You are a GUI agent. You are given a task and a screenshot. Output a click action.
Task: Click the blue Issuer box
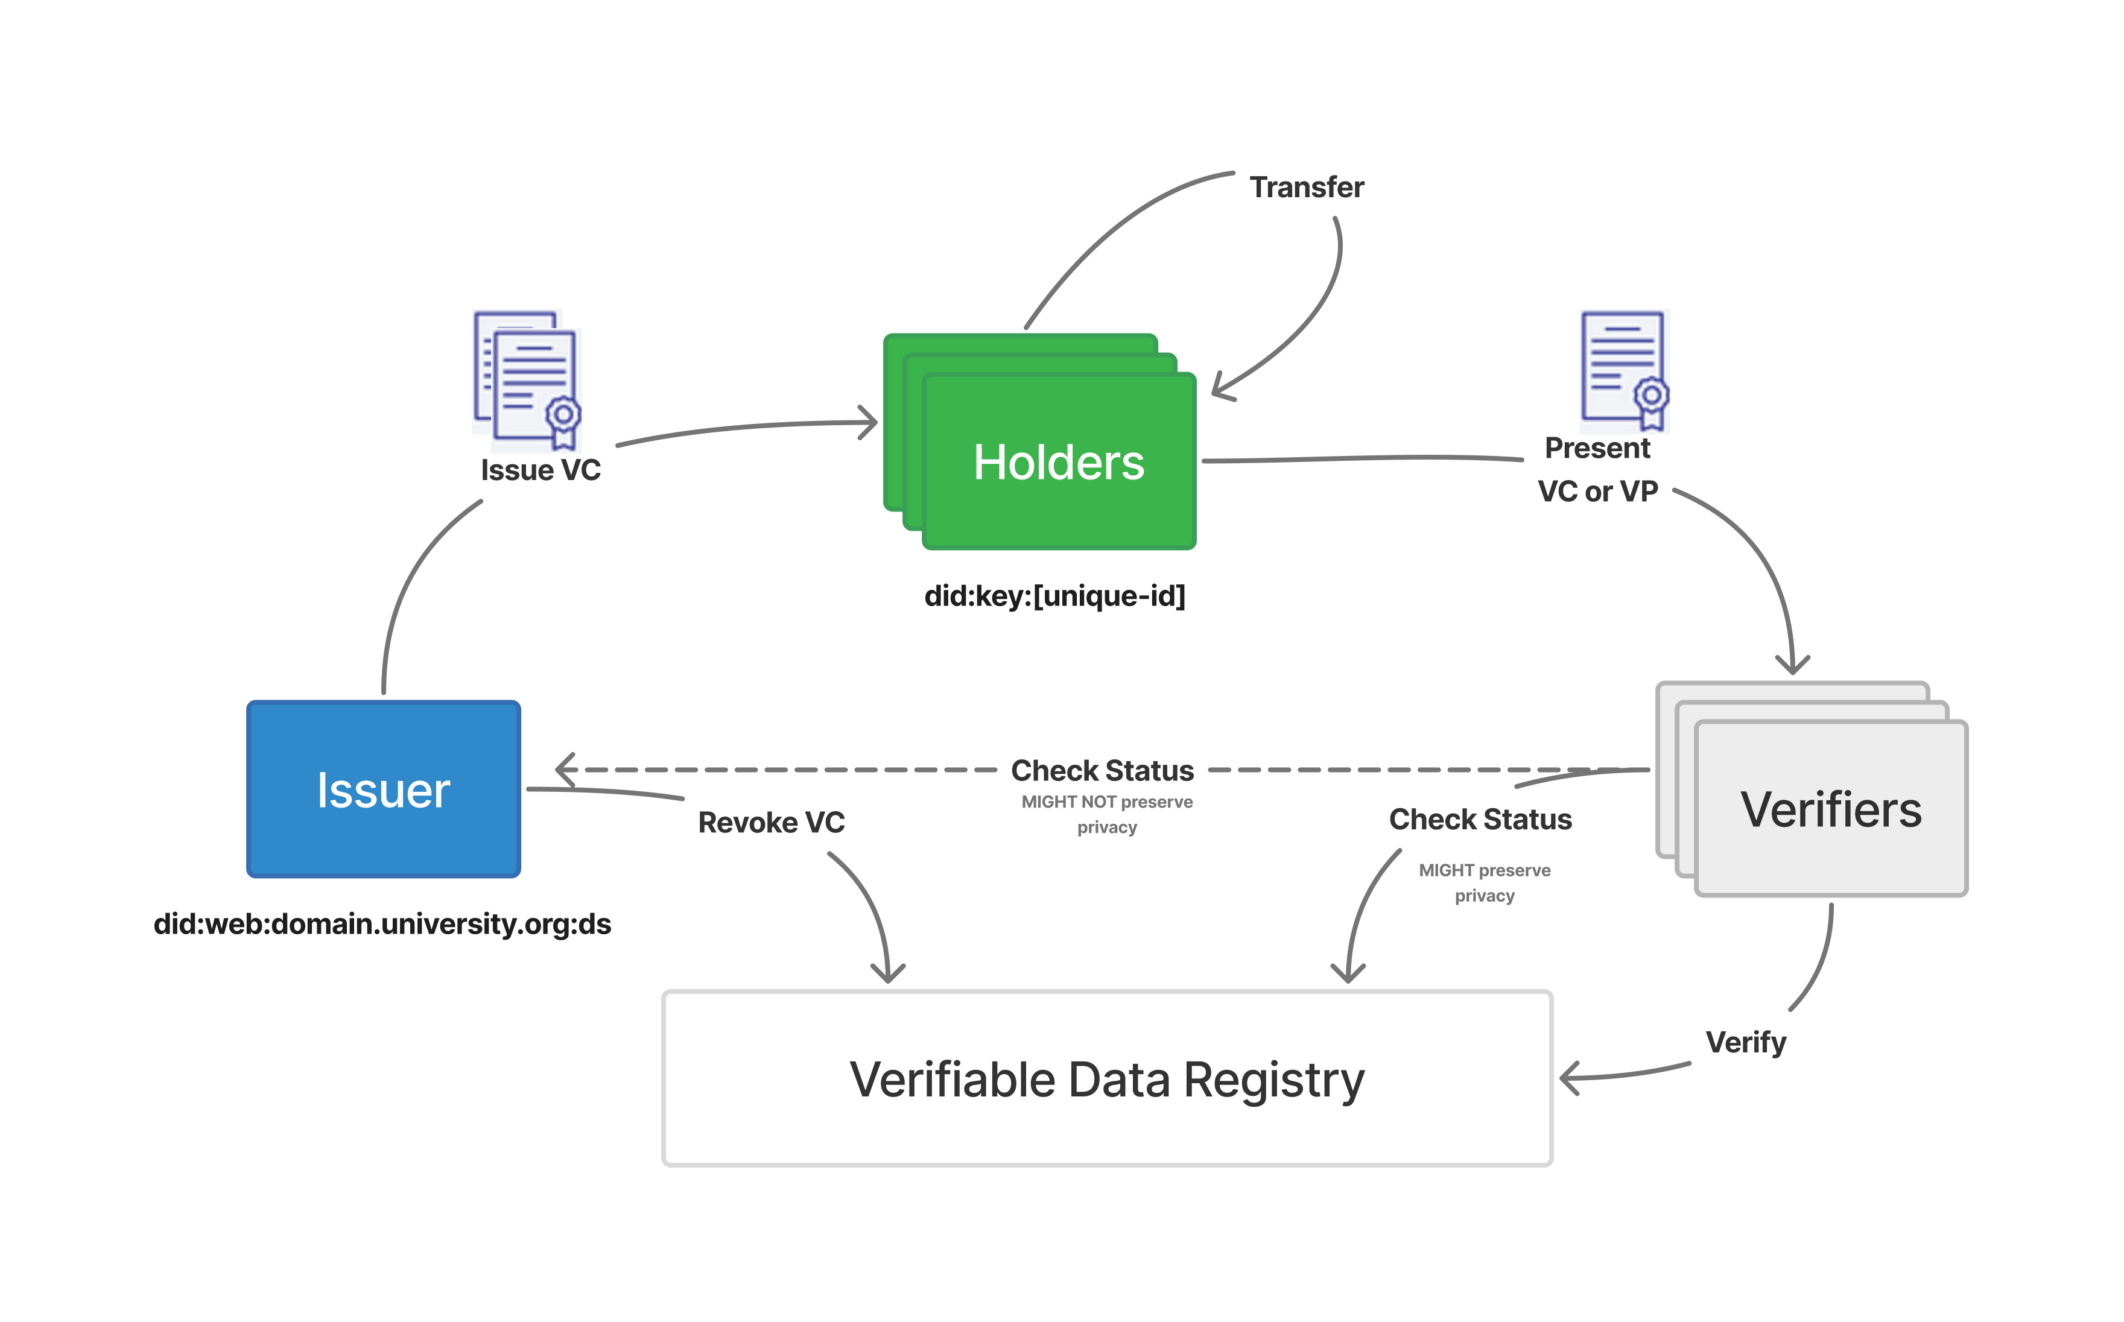coord(383,789)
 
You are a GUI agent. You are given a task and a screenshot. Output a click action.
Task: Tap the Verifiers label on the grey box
coord(1830,809)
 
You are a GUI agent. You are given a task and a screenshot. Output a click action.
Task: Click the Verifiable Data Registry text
coord(1106,1079)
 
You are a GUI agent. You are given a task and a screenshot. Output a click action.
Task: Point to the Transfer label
coord(1307,187)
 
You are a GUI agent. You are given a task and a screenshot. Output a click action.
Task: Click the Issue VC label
coord(541,470)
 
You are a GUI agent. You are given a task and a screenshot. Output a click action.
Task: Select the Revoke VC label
coord(772,823)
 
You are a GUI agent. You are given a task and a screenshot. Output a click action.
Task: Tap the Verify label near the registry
coord(1745,1042)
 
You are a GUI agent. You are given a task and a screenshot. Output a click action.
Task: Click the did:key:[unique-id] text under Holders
coord(1054,596)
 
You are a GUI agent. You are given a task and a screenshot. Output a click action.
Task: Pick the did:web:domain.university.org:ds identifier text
coord(382,924)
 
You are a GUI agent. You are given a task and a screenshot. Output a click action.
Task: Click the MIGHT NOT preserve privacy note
coord(1106,814)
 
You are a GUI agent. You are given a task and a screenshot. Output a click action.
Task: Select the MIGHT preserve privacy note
coord(1484,882)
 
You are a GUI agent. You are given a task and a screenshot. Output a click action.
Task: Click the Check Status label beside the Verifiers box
coord(1480,819)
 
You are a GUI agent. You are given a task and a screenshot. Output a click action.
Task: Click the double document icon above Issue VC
coord(527,379)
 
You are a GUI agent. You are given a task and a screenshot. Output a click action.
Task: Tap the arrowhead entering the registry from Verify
coord(1567,1078)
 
